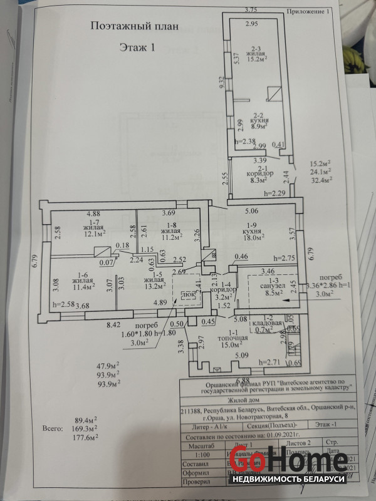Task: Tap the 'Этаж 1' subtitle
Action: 136,47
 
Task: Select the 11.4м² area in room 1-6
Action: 81,287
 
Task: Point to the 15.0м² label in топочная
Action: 234,344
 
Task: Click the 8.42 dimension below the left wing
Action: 95,326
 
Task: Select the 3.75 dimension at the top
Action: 251,9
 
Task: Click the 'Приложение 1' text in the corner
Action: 308,12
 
